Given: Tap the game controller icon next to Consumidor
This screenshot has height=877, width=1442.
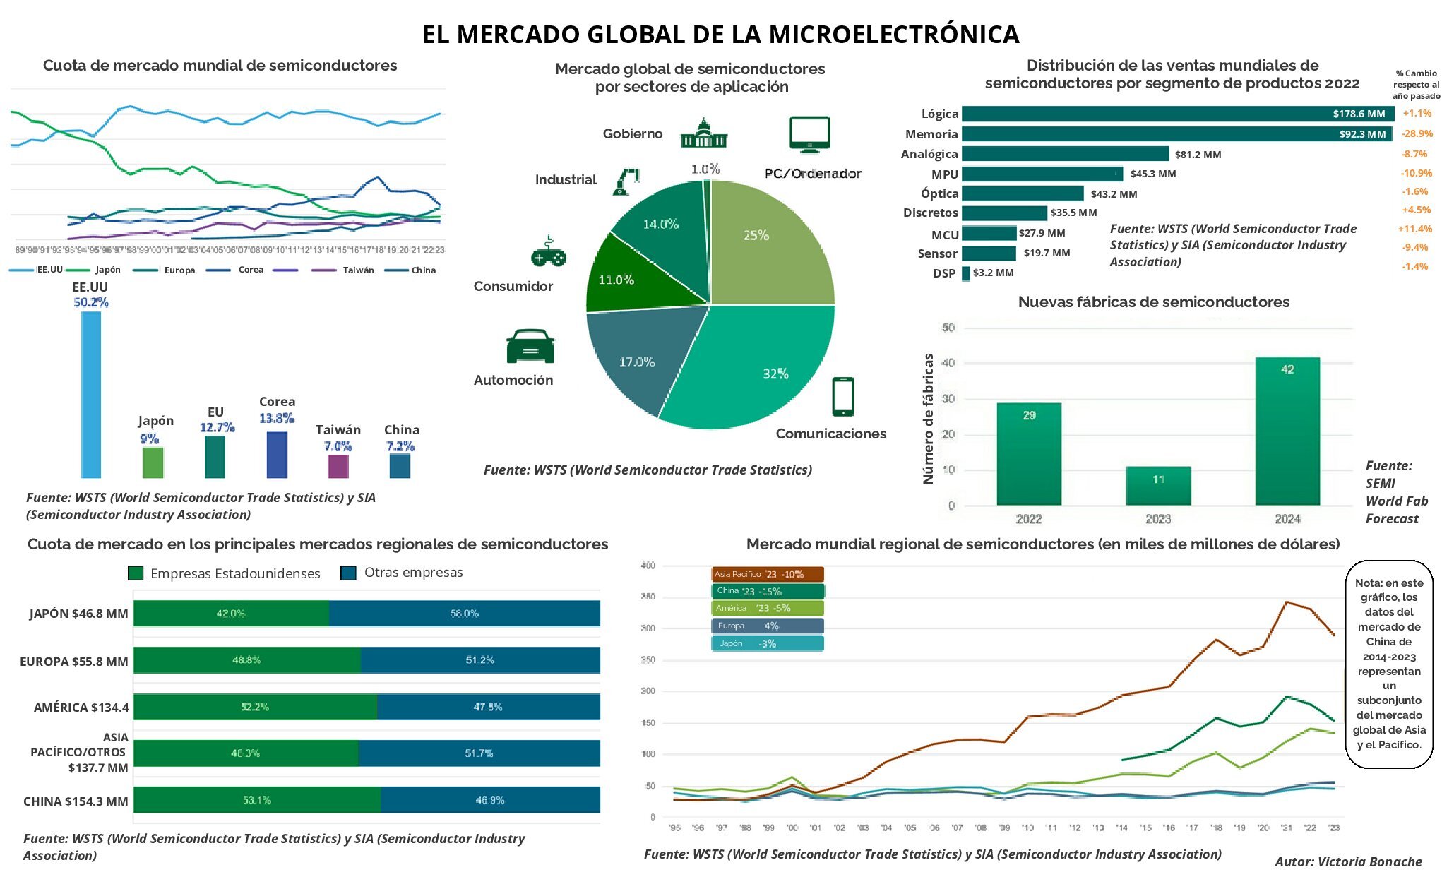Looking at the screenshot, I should pyautogui.click(x=548, y=253).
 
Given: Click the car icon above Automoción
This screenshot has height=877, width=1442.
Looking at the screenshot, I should pyautogui.click(x=530, y=347).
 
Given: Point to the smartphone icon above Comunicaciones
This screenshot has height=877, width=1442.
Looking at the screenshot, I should pyautogui.click(x=842, y=396).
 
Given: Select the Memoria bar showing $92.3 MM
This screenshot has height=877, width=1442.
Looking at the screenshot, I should pyautogui.click(x=1176, y=133).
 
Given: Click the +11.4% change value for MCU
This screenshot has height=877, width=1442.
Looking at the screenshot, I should pyautogui.click(x=1414, y=229).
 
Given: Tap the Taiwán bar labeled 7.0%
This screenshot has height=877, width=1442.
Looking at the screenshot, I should pyautogui.click(x=338, y=466).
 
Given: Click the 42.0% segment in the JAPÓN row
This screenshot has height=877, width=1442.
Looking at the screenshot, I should pyautogui.click(x=231, y=613).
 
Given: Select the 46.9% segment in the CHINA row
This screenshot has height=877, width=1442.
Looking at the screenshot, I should pyautogui.click(x=490, y=800).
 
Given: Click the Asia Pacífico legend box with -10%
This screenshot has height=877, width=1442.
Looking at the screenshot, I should pyautogui.click(x=767, y=574).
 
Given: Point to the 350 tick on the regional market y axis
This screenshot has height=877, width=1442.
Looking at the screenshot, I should pyautogui.click(x=648, y=597).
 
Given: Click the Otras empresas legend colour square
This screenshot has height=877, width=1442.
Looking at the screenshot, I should pyautogui.click(x=348, y=573).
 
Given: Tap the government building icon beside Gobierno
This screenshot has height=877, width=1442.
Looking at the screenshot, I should pyautogui.click(x=703, y=133).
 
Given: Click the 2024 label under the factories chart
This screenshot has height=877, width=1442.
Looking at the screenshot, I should pyautogui.click(x=1287, y=519).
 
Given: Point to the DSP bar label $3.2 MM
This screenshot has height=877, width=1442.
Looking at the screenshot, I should pyautogui.click(x=993, y=273).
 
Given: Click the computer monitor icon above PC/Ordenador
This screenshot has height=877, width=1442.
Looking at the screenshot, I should pyautogui.click(x=809, y=134).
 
